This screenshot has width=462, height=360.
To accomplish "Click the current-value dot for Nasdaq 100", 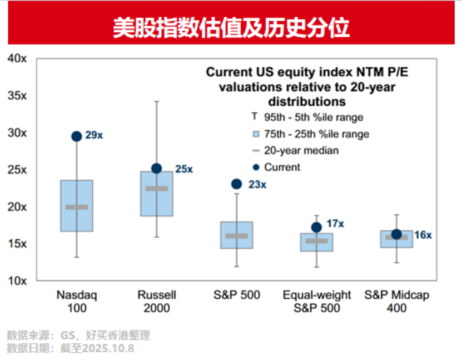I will [77, 136].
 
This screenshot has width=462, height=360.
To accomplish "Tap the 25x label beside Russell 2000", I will [184, 169].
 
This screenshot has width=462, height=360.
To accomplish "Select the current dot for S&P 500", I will [236, 184].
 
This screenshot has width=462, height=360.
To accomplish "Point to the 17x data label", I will [335, 224].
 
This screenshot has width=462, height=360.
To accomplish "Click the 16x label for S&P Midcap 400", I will [423, 235].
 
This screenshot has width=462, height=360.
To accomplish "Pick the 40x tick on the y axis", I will [17, 58].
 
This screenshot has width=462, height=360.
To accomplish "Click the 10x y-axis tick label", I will [17, 280].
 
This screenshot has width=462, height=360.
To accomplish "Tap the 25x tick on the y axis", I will [17, 170].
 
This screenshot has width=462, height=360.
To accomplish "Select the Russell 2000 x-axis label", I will [156, 301].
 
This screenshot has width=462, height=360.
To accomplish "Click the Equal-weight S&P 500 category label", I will [316, 301].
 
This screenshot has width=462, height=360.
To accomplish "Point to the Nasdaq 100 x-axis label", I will [77, 301].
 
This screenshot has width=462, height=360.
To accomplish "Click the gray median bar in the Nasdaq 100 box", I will [77, 207].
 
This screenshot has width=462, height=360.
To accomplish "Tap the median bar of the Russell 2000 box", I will [156, 189].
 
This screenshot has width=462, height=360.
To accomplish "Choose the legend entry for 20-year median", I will [301, 150].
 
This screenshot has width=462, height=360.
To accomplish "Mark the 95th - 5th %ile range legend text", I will [314, 117].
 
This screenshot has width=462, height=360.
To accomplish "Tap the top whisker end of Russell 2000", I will [157, 101].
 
